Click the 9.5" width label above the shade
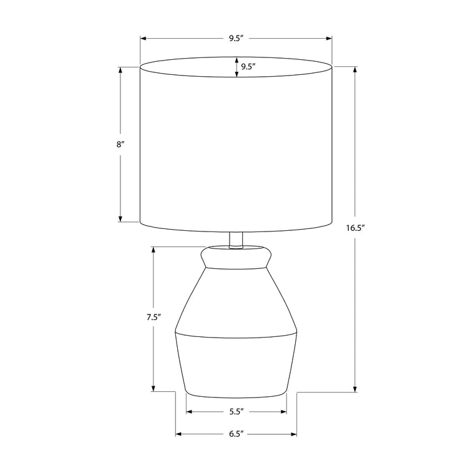click(235, 39)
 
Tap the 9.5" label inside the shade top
click(248, 67)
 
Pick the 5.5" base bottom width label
click(235, 412)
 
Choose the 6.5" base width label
click(235, 433)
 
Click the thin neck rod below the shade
click(235, 240)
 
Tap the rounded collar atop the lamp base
click(236, 256)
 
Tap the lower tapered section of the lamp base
click(236, 365)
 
